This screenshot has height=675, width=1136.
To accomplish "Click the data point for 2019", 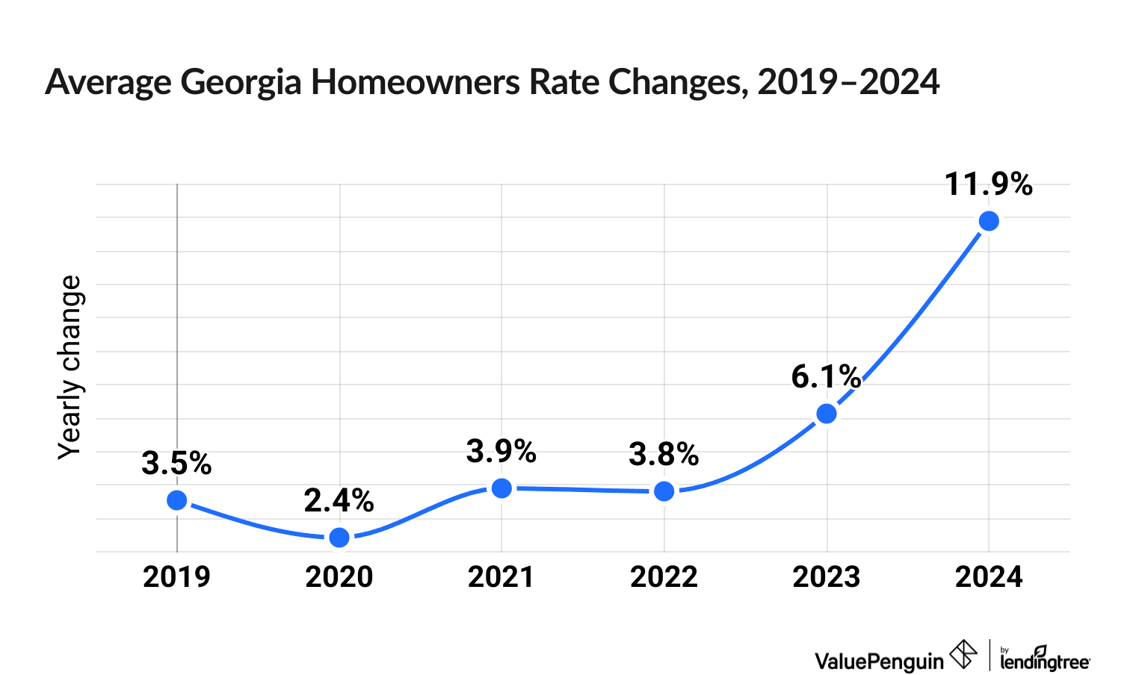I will pyautogui.click(x=177, y=500).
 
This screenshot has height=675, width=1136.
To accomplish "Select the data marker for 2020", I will pyautogui.click(x=339, y=537).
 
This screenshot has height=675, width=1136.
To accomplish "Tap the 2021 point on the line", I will pyautogui.click(x=501, y=488).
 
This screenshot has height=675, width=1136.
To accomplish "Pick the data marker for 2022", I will pyautogui.click(x=664, y=491).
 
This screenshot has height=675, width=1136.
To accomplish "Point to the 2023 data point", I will pyautogui.click(x=827, y=413).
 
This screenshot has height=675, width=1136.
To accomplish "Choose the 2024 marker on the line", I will pyautogui.click(x=989, y=221).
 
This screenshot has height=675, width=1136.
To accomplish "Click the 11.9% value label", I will pyautogui.click(x=988, y=184).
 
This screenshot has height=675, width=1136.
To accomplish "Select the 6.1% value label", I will pyautogui.click(x=826, y=377).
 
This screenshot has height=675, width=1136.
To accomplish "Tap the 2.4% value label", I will pyautogui.click(x=339, y=501).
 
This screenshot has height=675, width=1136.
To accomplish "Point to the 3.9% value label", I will pyautogui.click(x=501, y=452).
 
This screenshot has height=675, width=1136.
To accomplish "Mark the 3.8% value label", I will pyautogui.click(x=664, y=455).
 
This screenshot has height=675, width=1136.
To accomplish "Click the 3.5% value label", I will pyautogui.click(x=176, y=464).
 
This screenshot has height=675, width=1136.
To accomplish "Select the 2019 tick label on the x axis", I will pyautogui.click(x=176, y=577).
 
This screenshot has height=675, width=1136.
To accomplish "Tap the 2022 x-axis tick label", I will pyautogui.click(x=664, y=577).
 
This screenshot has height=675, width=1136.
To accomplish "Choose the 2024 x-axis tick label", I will pyautogui.click(x=989, y=577).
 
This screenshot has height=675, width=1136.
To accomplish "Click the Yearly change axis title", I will pyautogui.click(x=70, y=367).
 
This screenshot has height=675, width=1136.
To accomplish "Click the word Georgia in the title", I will pyautogui.click(x=241, y=82).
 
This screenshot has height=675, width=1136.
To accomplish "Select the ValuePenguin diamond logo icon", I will pyautogui.click(x=963, y=655).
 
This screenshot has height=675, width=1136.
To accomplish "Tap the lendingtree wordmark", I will pyautogui.click(x=1045, y=659).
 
